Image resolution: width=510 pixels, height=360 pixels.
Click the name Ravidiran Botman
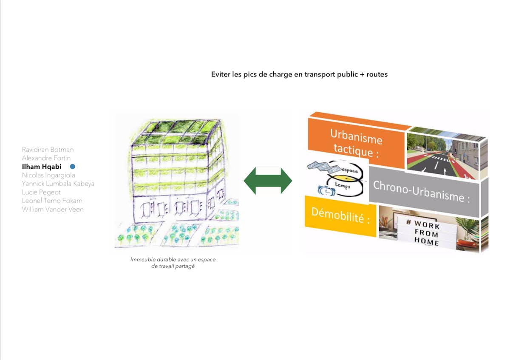pyautogui.click(x=48, y=150)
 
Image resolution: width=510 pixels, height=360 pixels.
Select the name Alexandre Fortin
pyautogui.click(x=46, y=158)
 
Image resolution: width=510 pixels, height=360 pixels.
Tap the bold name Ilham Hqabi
pyautogui.click(x=42, y=167)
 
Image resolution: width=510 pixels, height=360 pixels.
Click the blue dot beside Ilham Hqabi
pyautogui.click(x=72, y=167)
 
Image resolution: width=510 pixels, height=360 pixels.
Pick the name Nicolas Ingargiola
pyautogui.click(x=48, y=175)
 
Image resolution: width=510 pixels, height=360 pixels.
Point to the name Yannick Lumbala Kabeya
pyautogui.click(x=58, y=184)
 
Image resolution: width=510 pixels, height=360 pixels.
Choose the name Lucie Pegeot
pyautogui.click(x=41, y=192)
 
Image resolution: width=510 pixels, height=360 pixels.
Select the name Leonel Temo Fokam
pyautogui.click(x=52, y=201)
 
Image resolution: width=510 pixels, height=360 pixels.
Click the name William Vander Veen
pyautogui.click(x=53, y=209)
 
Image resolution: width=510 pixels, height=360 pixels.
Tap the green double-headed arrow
pyautogui.click(x=268, y=181)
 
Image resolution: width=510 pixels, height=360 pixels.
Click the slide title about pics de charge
pyautogui.click(x=299, y=74)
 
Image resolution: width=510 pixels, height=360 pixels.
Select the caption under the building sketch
pyautogui.click(x=173, y=263)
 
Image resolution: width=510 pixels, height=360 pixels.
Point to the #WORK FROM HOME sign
pyautogui.click(x=426, y=232)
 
